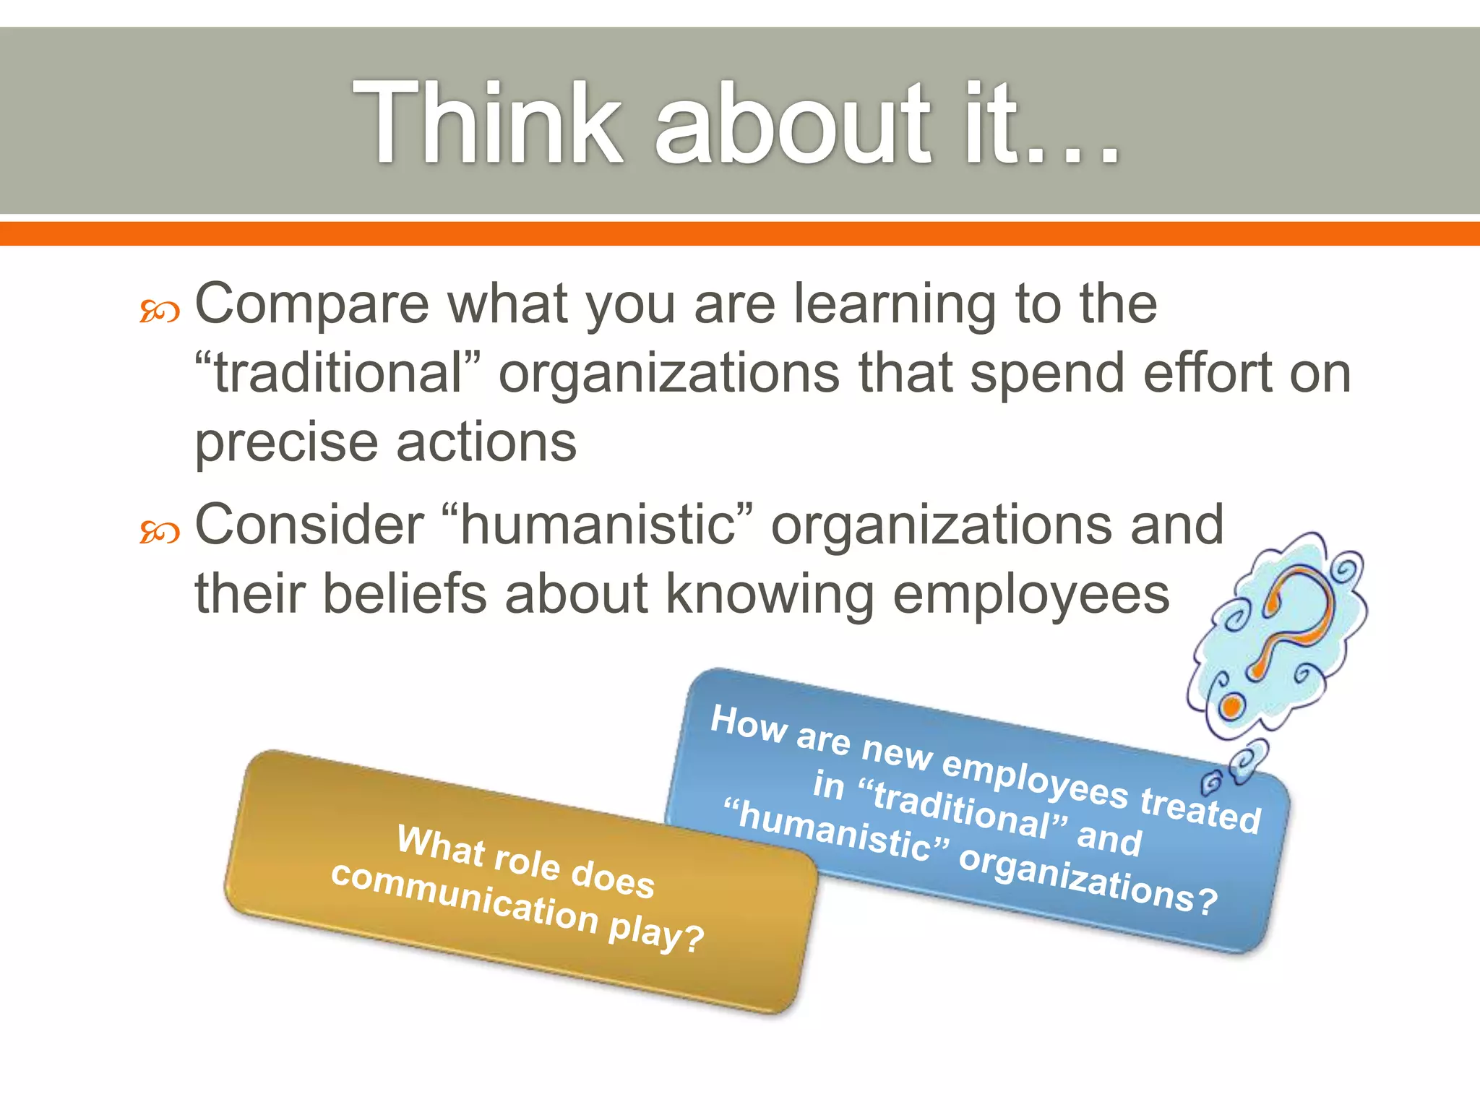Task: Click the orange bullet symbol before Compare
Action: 159,312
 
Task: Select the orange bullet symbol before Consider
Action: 159,533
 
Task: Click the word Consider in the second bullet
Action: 309,525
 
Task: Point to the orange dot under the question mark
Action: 1233,705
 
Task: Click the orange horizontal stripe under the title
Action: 740,233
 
